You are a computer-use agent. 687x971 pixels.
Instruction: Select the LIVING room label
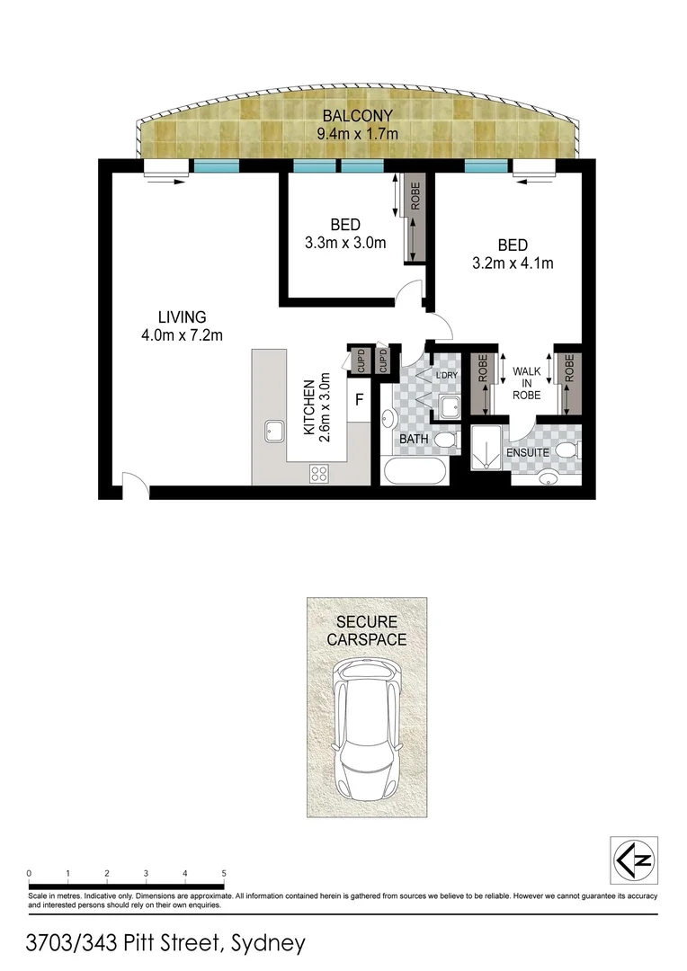pos(182,317)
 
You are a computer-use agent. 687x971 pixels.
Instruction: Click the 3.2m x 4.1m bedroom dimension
pos(512,263)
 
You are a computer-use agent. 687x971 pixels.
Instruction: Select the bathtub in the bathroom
pos(415,472)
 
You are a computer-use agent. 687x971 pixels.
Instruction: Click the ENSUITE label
pos(527,452)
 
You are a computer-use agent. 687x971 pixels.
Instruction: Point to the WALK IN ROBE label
pos(526,383)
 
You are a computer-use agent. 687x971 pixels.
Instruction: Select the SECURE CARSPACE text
pos(366,631)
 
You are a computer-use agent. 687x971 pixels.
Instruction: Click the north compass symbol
pos(634,860)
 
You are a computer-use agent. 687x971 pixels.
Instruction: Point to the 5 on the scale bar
pos(223,873)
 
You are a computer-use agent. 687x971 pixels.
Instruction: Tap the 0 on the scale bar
pos(30,873)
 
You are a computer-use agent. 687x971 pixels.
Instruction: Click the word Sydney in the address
pos(268,944)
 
